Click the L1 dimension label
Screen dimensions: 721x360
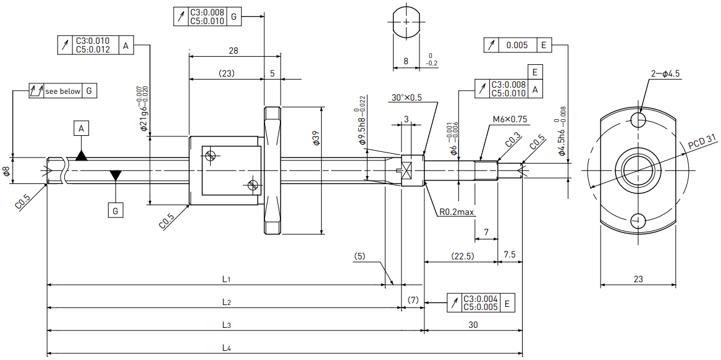point(226,278)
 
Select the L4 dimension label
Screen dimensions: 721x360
point(226,348)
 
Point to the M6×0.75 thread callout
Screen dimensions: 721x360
point(510,119)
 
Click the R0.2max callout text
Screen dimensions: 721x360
point(457,212)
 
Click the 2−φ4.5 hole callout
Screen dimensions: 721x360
point(666,74)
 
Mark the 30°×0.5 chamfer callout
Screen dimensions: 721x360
point(407,98)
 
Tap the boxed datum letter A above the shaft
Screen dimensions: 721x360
point(82,129)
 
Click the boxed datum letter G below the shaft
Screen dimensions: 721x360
point(116,211)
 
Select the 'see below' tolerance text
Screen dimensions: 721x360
point(62,91)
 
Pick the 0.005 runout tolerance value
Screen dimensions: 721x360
point(518,45)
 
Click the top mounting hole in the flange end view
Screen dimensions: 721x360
point(638,120)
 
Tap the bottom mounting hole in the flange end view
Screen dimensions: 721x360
point(638,220)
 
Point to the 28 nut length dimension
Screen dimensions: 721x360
point(234,51)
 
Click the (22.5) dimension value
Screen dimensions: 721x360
point(461,256)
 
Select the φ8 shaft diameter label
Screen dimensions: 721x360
point(6,172)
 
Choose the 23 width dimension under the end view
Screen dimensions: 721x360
point(638,278)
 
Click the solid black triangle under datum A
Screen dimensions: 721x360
point(82,156)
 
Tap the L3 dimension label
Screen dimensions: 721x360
point(226,325)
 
